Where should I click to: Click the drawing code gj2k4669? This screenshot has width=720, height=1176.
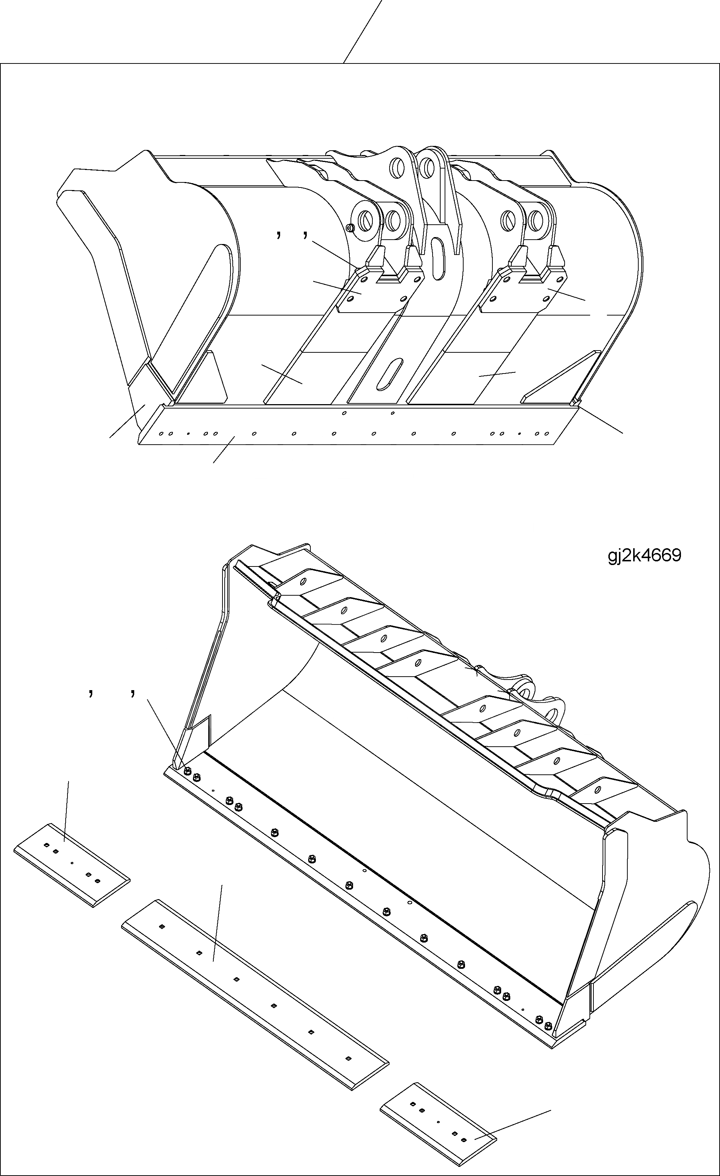tap(644, 556)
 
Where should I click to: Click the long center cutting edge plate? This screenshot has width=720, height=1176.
tap(255, 988)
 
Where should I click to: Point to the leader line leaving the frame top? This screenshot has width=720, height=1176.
tap(363, 31)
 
